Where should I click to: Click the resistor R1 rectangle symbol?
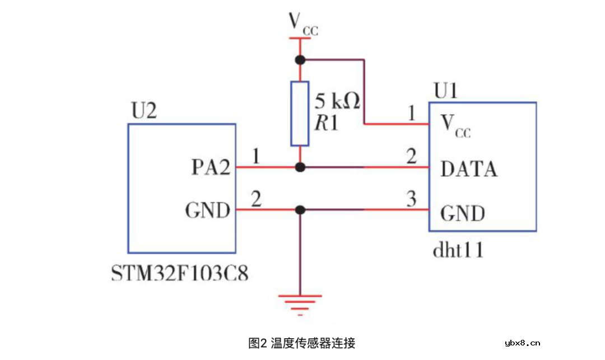300,114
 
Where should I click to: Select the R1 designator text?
327,124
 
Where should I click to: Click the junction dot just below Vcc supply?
300,59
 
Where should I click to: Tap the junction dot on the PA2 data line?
300,167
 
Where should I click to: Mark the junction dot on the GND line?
300,210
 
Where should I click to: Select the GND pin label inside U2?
208,211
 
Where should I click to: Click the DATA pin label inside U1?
469,169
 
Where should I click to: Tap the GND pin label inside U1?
463,213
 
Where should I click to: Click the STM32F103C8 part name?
180,275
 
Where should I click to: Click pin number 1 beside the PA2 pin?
256,156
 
